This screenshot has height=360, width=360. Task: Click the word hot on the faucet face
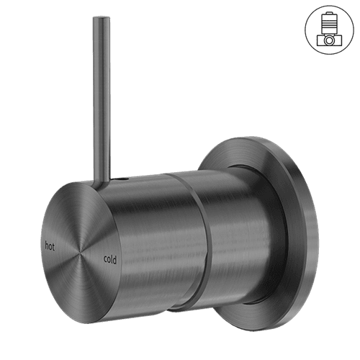[x=50, y=246]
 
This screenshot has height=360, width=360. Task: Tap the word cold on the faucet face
[x=110, y=258]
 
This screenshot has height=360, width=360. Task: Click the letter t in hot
[x=54, y=246]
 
